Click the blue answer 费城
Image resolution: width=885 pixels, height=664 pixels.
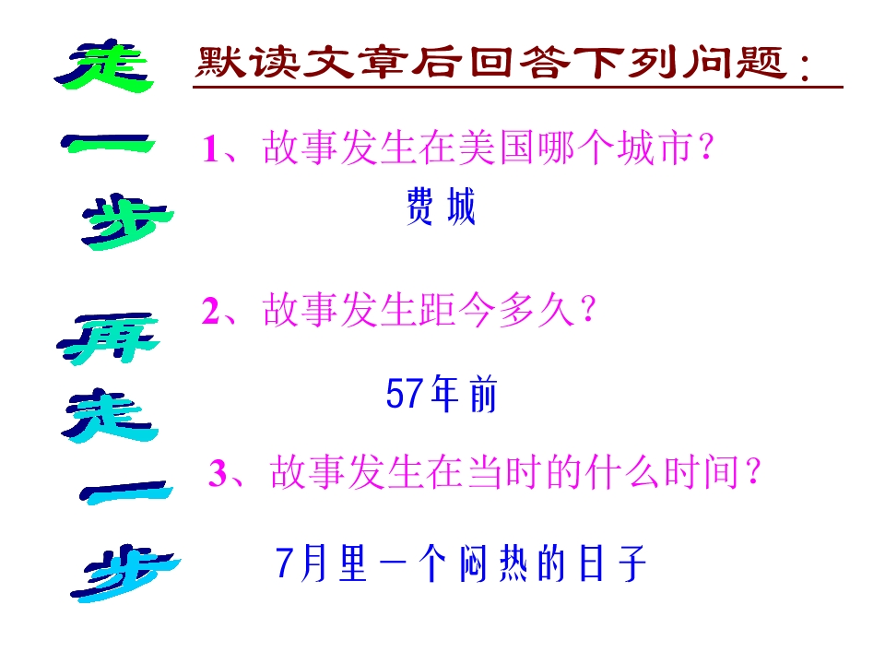tap(441, 208)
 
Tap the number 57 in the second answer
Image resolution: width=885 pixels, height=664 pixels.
tap(404, 396)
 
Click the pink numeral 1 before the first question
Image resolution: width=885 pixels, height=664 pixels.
tap(210, 149)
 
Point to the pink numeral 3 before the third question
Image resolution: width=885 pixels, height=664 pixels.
tap(217, 475)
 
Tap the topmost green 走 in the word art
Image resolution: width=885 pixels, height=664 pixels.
tap(103, 66)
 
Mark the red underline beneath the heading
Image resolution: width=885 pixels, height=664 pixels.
tap(516, 89)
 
